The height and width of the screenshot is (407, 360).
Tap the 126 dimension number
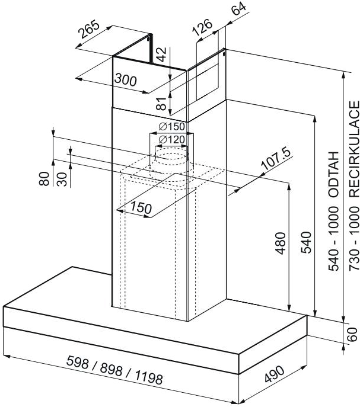click(203, 28)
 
